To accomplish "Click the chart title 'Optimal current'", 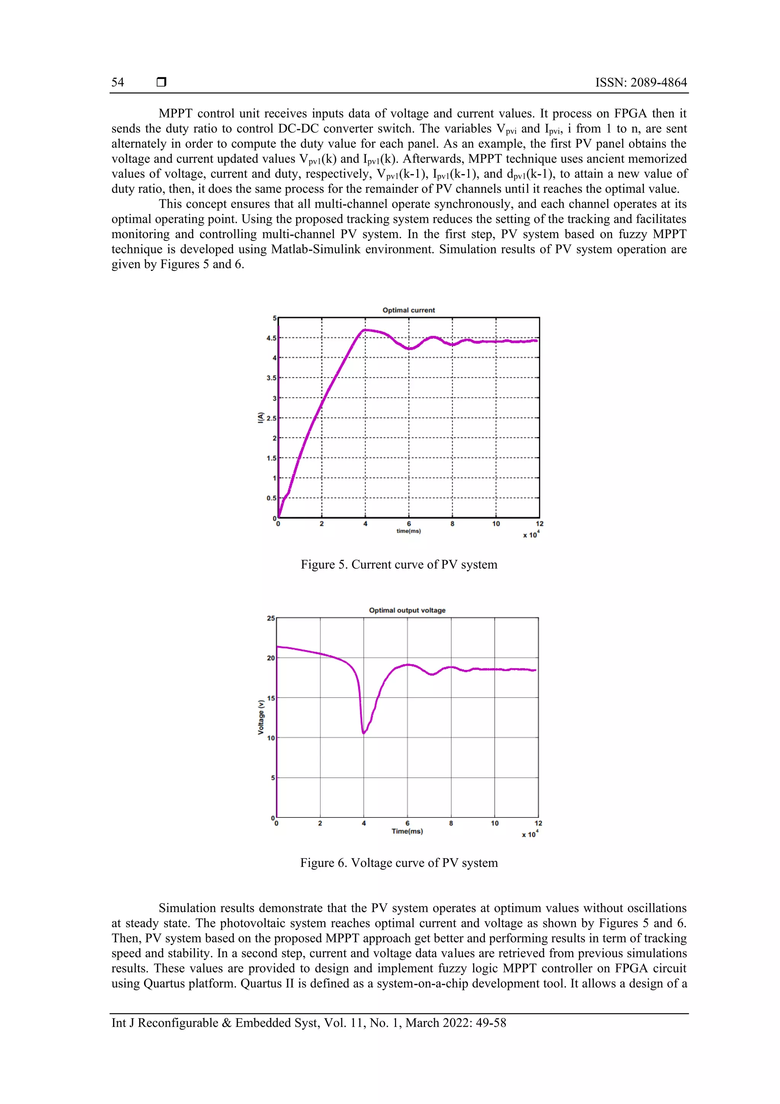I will point(409,310).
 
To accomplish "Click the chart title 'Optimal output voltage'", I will point(407,610).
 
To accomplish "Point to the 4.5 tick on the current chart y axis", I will point(272,338).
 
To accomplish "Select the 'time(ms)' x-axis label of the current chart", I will point(409,531).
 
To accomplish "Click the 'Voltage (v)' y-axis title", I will point(261,717).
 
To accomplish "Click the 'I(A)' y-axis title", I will point(261,417).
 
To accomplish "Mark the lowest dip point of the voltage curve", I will point(364,733).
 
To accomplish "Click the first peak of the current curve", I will point(365,330).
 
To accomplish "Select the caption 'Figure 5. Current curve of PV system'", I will point(399,564).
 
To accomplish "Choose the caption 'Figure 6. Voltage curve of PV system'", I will point(399,863).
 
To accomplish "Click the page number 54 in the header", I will point(118,82).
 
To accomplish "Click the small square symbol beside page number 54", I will point(161,82).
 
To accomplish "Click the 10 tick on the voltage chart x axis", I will point(494,823).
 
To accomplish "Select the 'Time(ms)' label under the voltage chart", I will point(407,831).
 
